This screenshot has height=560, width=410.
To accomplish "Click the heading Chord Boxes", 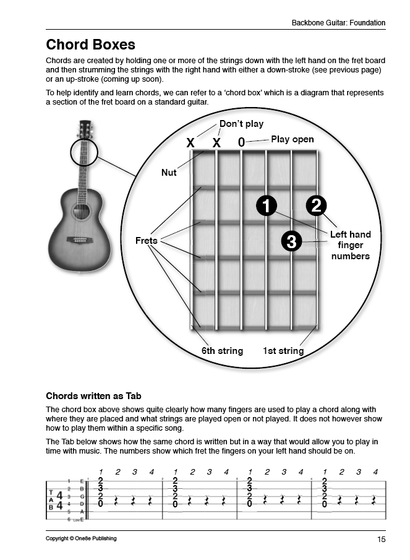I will [x=90, y=45].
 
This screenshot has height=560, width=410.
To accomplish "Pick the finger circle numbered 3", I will [x=291, y=241].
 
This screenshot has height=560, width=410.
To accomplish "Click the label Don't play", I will [x=241, y=124].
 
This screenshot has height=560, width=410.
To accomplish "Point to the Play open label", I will [x=292, y=139].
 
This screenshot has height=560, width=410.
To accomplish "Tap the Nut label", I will [x=169, y=173].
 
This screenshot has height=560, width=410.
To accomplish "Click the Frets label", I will [x=147, y=240].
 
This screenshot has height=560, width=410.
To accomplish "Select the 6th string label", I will [x=222, y=351].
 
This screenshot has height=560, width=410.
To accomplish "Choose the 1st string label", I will [x=283, y=351].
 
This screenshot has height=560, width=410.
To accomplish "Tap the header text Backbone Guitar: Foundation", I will [x=338, y=23].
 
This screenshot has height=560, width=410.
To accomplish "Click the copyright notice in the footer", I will [x=81, y=538].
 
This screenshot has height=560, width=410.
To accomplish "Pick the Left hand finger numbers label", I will [x=350, y=245].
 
